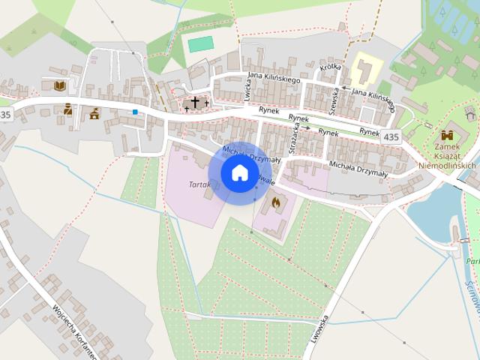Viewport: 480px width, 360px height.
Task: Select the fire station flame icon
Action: [x=275, y=202]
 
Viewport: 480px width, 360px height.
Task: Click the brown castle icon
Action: [x=448, y=135]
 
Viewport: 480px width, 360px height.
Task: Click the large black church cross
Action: [x=195, y=101]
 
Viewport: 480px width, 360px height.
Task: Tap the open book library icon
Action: [x=59, y=85]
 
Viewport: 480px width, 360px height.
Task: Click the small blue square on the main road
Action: [x=135, y=112]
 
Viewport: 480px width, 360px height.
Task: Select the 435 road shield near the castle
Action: [x=391, y=136]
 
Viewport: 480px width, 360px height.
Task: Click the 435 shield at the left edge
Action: [x=6, y=115]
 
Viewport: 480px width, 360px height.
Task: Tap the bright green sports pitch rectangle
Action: [x=200, y=44]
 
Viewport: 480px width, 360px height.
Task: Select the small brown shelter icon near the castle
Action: [x=469, y=112]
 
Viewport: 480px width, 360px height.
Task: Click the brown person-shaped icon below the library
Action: [x=67, y=109]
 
